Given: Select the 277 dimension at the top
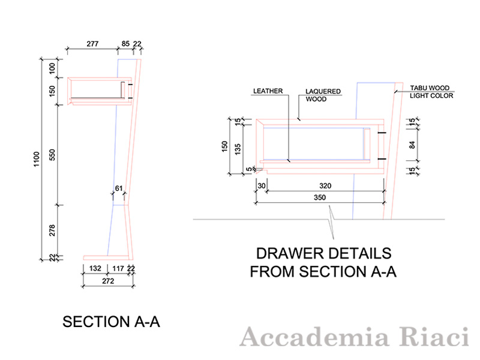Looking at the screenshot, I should coord(92,43).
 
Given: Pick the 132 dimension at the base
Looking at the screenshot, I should coord(94,269).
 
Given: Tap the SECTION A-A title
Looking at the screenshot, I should coord(111,322).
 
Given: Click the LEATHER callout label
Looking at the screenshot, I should coord(268,91).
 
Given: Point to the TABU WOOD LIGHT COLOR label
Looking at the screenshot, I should coord(431,91).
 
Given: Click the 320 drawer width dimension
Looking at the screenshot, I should coord(326,186).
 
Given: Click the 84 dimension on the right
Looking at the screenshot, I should coord(411,144).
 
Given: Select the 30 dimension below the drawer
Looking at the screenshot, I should coord(261,186).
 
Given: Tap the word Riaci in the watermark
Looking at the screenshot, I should coord(442,338).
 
